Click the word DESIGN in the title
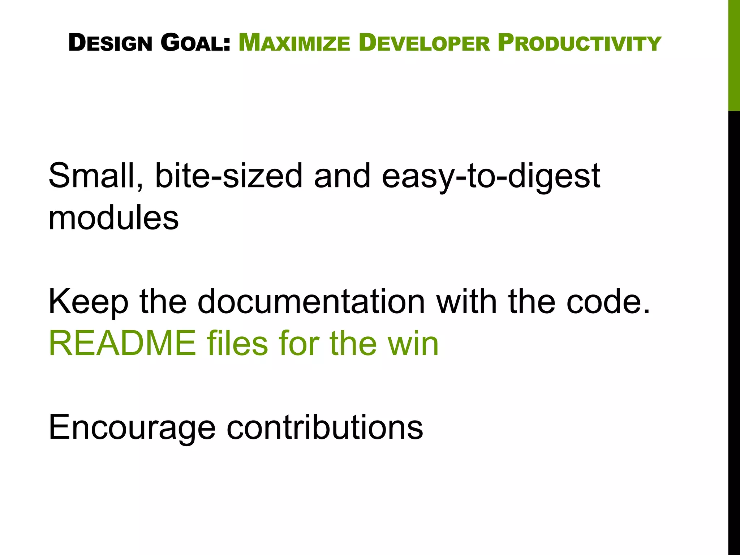pyautogui.click(x=110, y=43)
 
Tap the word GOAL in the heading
pyautogui.click(x=195, y=43)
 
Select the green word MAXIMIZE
pyautogui.click(x=294, y=43)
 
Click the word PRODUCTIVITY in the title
pyautogui.click(x=579, y=43)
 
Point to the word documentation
pyautogui.click(x=311, y=301)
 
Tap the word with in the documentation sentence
pyautogui.click(x=466, y=301)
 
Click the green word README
pyautogui.click(x=122, y=343)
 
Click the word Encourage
pyautogui.click(x=132, y=428)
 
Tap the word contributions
pyautogui.click(x=325, y=427)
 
